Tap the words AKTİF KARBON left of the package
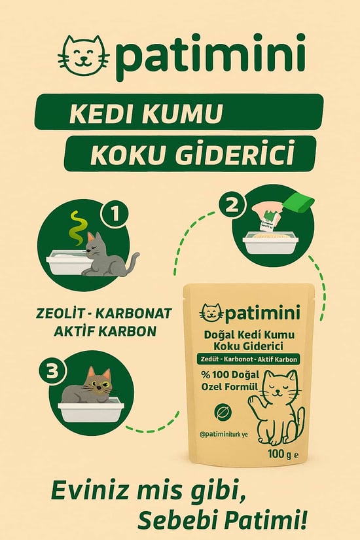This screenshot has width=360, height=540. (106, 331)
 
